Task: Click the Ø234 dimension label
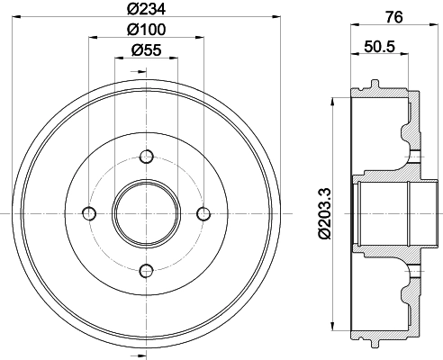point(146,9)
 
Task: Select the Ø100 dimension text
point(146,30)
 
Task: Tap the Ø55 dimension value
point(147,49)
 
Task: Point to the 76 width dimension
point(394,17)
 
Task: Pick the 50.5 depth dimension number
point(379,47)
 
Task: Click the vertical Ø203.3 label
point(325,213)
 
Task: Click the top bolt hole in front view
point(147,157)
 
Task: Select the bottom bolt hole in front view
point(147,271)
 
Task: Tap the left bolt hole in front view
point(89,213)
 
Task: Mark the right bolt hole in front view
point(203,213)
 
